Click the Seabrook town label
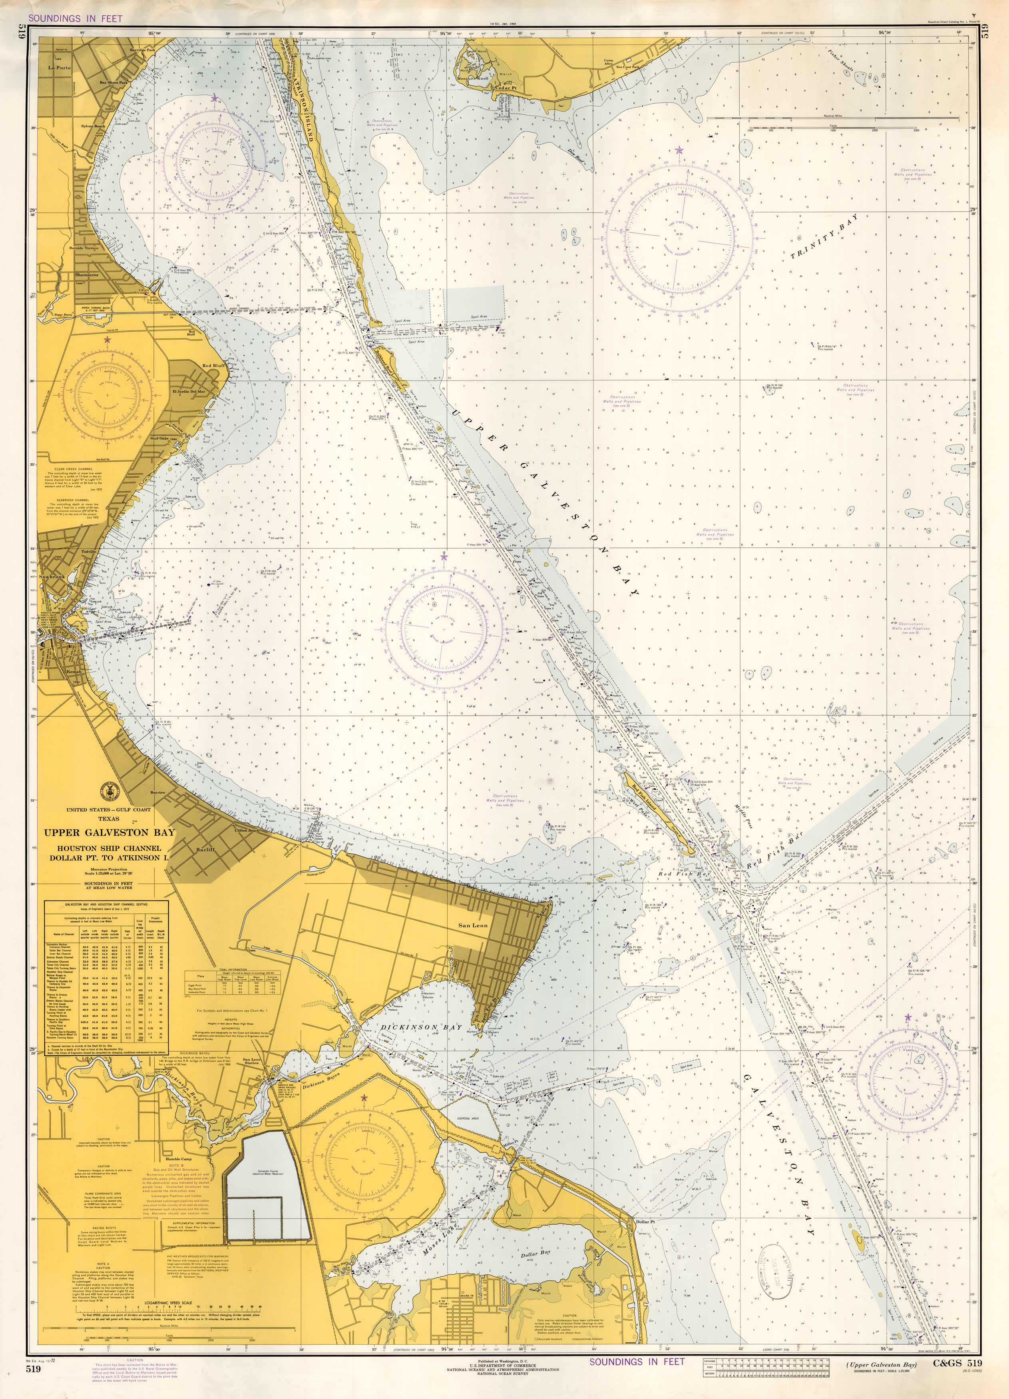(52, 576)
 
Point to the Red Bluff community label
(213, 366)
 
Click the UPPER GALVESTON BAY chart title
(109, 833)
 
